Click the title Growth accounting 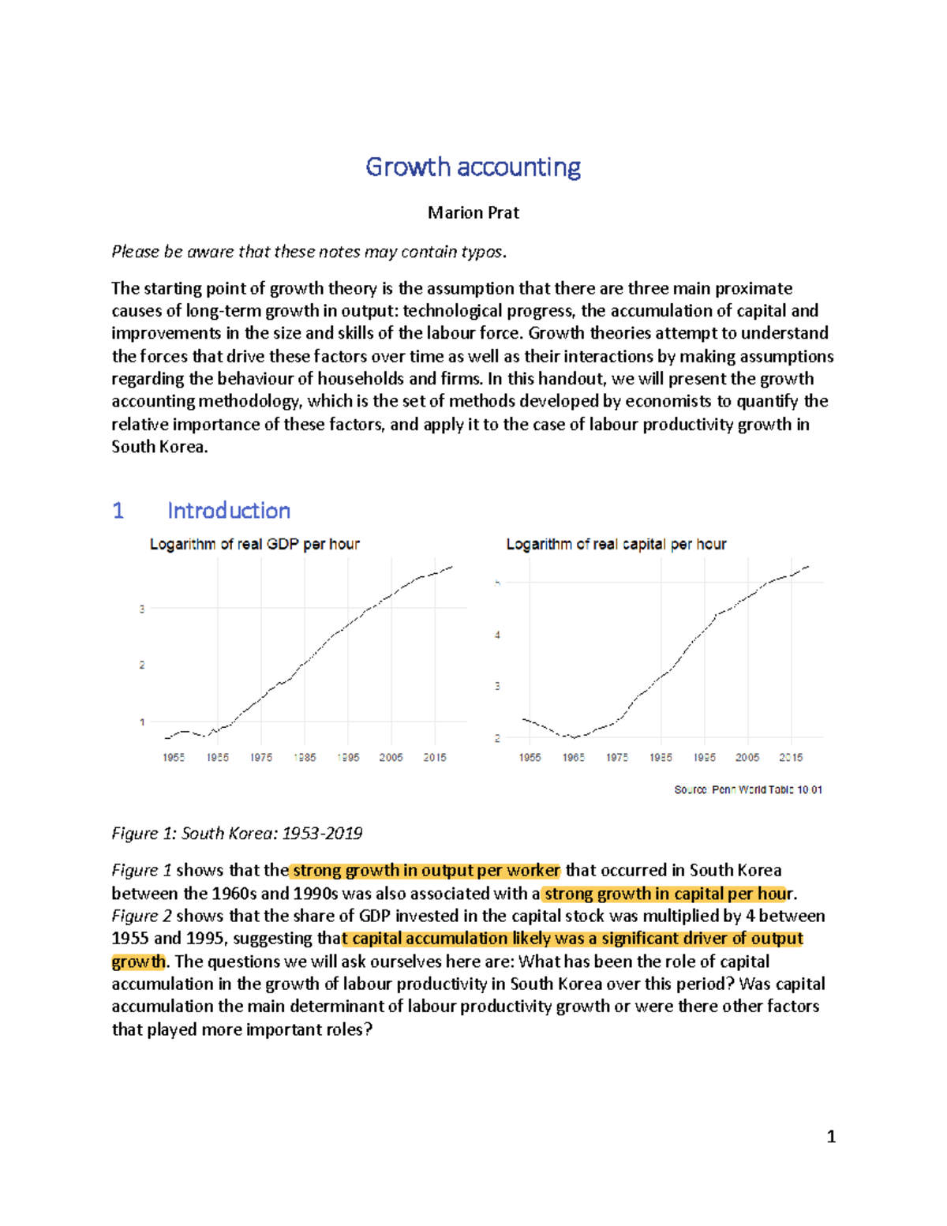(473, 167)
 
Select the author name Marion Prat (473, 212)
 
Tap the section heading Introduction (228, 511)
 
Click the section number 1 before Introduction (118, 511)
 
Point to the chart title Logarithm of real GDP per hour (254, 544)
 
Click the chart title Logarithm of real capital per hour (616, 544)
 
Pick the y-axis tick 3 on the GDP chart (142, 609)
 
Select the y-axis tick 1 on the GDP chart (142, 722)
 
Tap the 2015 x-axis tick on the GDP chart (434, 757)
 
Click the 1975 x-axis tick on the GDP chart (260, 757)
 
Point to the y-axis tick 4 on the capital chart (497, 635)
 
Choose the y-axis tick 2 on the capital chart (497, 738)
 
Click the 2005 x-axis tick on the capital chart (747, 757)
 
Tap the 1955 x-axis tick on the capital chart (530, 757)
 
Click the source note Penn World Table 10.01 (747, 789)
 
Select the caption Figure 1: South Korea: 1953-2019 (237, 834)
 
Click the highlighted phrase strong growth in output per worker (425, 871)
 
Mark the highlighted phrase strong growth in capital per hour (668, 894)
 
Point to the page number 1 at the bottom (830, 1137)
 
